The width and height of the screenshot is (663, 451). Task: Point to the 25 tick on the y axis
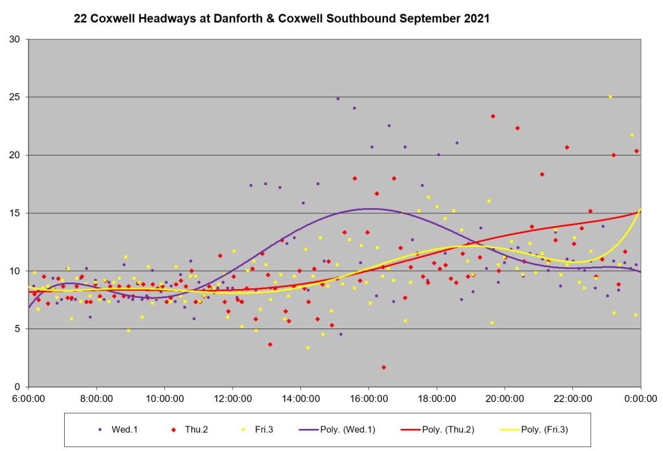[14, 97]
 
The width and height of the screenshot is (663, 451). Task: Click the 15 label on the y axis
[14, 213]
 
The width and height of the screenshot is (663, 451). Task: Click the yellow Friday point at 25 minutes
[610, 97]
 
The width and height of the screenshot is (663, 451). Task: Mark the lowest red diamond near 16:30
[384, 367]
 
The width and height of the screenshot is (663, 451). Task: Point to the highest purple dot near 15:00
[337, 98]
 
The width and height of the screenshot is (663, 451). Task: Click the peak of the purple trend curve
[369, 209]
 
